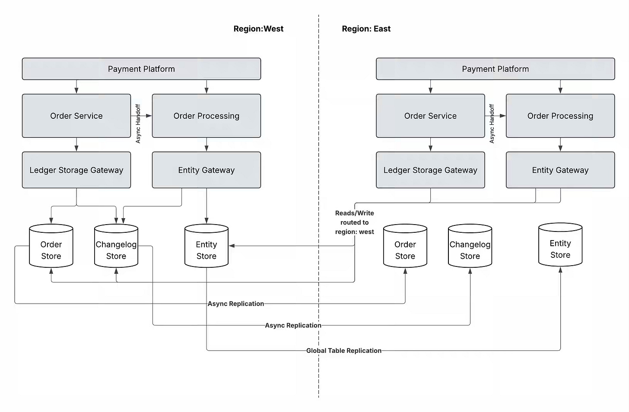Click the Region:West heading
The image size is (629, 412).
(x=258, y=29)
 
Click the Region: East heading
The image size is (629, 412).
(x=366, y=29)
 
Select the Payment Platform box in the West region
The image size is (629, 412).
(x=142, y=69)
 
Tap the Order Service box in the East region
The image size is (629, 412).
(x=430, y=116)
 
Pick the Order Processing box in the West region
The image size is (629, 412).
(x=206, y=116)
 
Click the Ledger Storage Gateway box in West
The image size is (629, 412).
(x=76, y=170)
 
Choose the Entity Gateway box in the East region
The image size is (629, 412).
(x=560, y=170)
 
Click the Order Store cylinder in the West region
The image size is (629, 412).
(x=51, y=246)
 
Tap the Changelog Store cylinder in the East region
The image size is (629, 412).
(x=470, y=246)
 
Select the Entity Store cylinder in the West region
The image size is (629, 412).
(x=206, y=246)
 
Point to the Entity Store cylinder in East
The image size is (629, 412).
(x=560, y=244)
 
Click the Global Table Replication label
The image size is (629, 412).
(x=344, y=351)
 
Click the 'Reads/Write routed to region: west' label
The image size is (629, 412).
(x=354, y=222)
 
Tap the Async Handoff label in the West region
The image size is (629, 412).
(x=138, y=124)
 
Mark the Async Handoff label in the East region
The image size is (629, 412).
(x=492, y=124)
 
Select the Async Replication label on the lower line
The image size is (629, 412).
(x=293, y=325)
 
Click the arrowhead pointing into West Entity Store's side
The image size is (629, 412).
(x=232, y=246)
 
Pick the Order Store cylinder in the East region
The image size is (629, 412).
(x=405, y=246)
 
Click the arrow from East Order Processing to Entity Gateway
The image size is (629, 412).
(x=560, y=145)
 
